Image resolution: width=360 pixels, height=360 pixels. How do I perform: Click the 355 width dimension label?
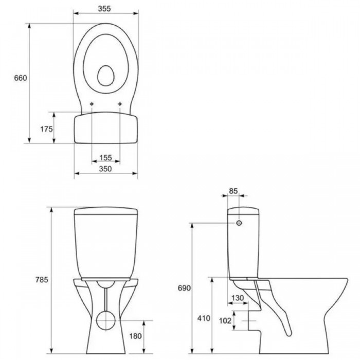pyautogui.click(x=104, y=9)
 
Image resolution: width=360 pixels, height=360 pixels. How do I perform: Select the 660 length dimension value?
pyautogui.click(x=21, y=78)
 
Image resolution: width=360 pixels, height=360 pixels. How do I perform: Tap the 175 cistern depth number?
pyautogui.click(x=47, y=129)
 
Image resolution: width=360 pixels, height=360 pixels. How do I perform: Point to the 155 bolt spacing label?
pyautogui.click(x=105, y=158)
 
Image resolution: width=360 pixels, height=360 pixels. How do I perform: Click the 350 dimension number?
pyautogui.click(x=105, y=169)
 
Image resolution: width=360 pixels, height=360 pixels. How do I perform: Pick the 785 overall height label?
pyautogui.click(x=42, y=280)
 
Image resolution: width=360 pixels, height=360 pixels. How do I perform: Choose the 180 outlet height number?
pyautogui.click(x=135, y=336)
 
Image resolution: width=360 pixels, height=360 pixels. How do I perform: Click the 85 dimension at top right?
pyautogui.click(x=233, y=191)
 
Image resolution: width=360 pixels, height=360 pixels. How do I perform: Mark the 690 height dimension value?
pyautogui.click(x=184, y=288)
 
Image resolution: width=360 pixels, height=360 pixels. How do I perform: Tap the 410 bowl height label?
pyautogui.click(x=204, y=318)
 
